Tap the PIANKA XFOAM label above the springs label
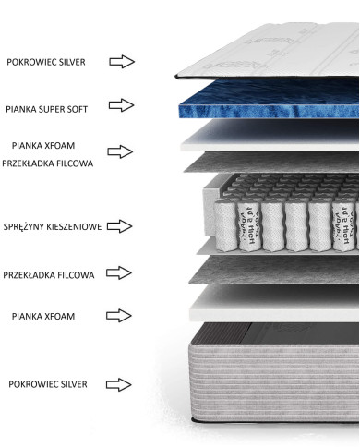[45, 146]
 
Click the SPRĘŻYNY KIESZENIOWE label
[54, 225]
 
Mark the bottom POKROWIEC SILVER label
[46, 383]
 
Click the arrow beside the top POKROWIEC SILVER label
[122, 62]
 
